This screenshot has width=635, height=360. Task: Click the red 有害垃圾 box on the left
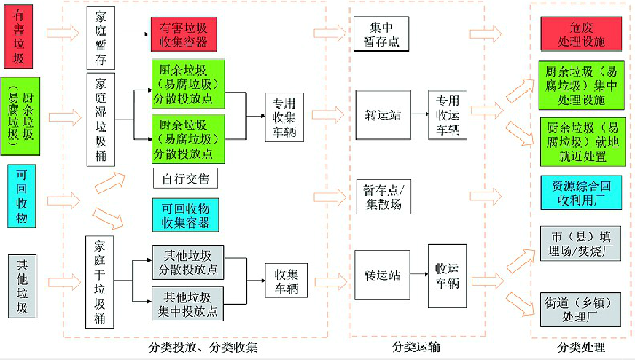(18, 36)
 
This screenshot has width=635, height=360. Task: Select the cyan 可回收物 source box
(21, 196)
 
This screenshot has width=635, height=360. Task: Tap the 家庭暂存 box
(101, 38)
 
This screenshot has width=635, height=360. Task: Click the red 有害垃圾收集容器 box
(184, 34)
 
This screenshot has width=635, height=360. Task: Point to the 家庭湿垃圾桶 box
(101, 120)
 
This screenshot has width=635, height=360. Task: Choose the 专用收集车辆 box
(284, 117)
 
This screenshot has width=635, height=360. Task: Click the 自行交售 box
(185, 179)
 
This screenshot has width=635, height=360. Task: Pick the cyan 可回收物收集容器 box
(185, 215)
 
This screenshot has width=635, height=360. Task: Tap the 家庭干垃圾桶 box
(99, 282)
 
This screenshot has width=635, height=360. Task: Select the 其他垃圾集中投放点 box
(187, 304)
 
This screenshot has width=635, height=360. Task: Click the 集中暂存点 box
(381, 34)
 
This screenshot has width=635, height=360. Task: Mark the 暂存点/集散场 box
(383, 197)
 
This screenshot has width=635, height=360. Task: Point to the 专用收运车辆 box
(448, 115)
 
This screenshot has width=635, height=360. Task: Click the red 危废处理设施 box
(581, 34)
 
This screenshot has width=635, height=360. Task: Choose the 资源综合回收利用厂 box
(581, 193)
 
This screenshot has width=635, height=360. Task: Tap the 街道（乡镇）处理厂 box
(581, 310)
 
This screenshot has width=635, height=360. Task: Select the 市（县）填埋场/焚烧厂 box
(581, 243)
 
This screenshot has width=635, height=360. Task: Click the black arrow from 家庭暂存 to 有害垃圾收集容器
(132, 34)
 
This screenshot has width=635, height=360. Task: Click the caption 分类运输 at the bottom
(416, 347)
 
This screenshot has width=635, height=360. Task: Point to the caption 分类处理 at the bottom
(581, 347)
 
